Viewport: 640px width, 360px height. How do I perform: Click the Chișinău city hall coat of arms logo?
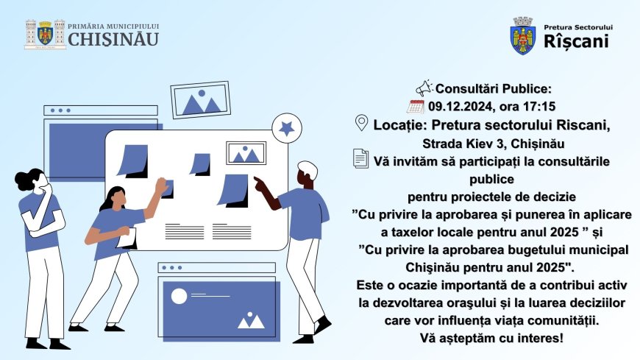[46, 35]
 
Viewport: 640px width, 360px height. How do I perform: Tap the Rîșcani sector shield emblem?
[523, 36]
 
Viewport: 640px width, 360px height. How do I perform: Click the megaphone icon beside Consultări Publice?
[424, 88]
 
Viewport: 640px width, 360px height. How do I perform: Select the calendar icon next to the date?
[416, 107]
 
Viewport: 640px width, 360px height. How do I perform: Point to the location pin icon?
[361, 123]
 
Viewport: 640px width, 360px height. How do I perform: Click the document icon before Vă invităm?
[360, 158]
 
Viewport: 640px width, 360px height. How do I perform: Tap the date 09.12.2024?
[460, 107]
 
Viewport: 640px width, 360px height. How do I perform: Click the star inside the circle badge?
[287, 129]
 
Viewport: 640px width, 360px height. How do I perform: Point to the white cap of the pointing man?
[308, 170]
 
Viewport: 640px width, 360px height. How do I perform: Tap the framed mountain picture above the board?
[200, 99]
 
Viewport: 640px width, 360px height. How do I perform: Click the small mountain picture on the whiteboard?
[246, 153]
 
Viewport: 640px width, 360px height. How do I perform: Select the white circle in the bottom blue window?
[179, 296]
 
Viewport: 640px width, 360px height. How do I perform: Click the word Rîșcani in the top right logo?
[576, 41]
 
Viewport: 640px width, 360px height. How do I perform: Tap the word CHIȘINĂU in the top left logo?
[113, 40]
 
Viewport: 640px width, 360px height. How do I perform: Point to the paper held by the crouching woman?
[128, 239]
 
